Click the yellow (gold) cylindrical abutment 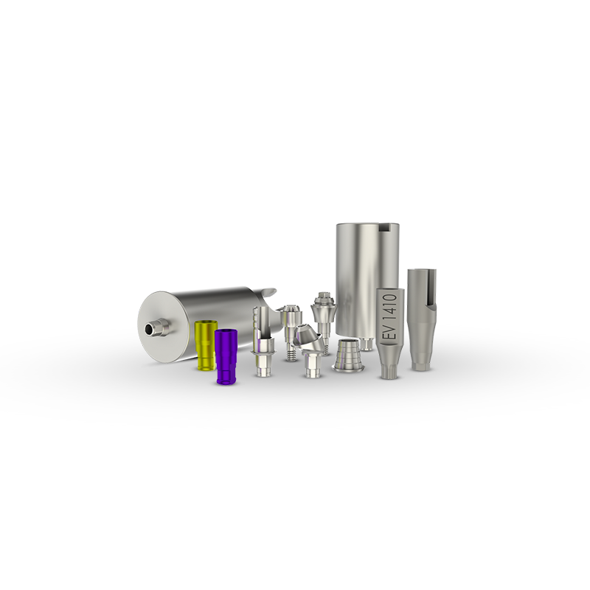tap(204, 345)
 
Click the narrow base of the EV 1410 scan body tap(389, 367)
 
